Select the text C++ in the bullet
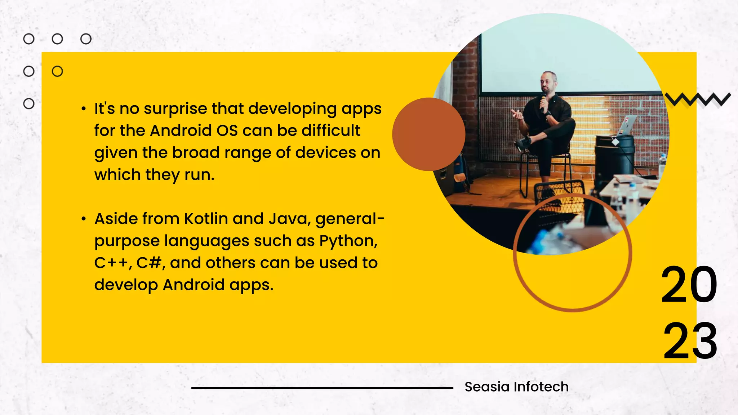(x=111, y=263)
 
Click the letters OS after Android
(x=227, y=130)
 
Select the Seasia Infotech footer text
(x=516, y=387)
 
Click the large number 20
(x=689, y=285)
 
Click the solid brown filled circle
(x=428, y=134)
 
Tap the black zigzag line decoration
(x=697, y=99)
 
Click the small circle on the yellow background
(x=57, y=71)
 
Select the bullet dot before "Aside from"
(x=84, y=219)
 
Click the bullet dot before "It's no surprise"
(x=84, y=108)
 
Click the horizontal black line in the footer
(x=322, y=388)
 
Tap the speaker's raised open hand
(x=517, y=115)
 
